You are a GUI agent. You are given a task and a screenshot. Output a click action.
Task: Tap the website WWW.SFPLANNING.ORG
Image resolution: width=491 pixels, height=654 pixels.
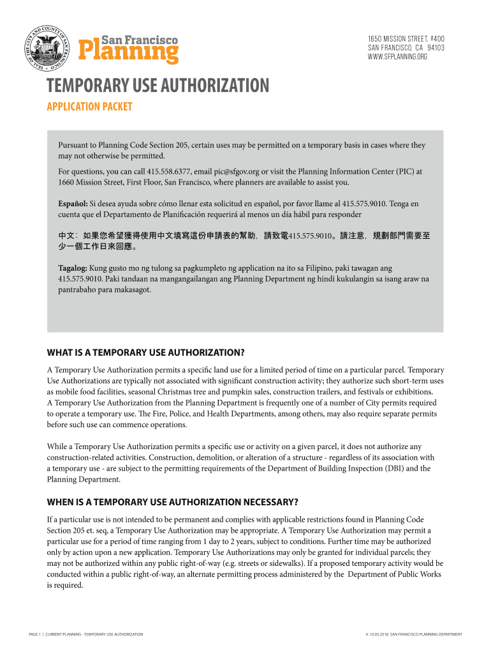[397, 57]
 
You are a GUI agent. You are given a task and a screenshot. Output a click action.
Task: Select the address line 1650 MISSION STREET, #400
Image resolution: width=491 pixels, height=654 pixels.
[406, 39]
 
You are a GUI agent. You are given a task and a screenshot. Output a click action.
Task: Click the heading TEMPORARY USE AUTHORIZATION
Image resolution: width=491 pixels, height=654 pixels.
[158, 86]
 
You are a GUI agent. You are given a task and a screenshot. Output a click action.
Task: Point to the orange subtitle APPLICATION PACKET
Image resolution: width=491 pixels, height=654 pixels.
[90, 107]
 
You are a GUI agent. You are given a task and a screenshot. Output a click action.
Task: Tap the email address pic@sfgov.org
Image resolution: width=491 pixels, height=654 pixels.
[236, 172]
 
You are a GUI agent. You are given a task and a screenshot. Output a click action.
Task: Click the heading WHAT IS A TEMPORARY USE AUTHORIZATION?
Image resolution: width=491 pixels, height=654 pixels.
[146, 353]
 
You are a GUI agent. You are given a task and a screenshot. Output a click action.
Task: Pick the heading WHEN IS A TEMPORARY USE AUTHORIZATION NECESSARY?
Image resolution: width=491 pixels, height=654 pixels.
[173, 501]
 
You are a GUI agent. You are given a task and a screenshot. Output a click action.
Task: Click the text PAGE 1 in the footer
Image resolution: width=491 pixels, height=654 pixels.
[34, 634]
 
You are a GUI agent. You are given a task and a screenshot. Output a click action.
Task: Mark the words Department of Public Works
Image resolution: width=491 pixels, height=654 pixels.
[394, 574]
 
